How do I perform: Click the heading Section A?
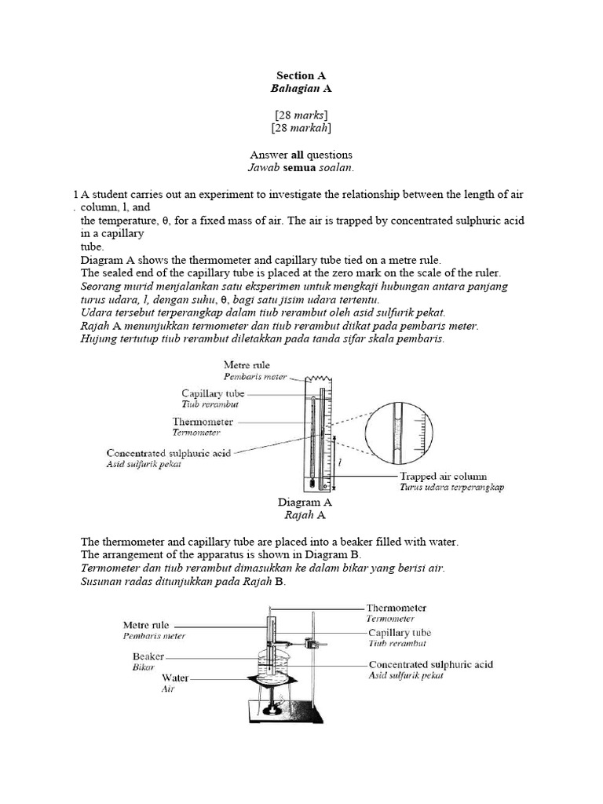301,76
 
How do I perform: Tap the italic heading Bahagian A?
301,90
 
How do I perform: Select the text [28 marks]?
301,115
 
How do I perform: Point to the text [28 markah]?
301,128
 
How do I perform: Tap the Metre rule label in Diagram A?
249,365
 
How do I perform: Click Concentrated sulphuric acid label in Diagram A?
168,453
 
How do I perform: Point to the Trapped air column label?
443,476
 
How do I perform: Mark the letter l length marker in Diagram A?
339,463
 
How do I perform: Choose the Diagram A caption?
305,502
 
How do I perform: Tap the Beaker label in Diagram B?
148,656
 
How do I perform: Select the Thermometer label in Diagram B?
397,607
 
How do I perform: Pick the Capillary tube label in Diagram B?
400,632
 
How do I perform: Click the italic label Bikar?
144,667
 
